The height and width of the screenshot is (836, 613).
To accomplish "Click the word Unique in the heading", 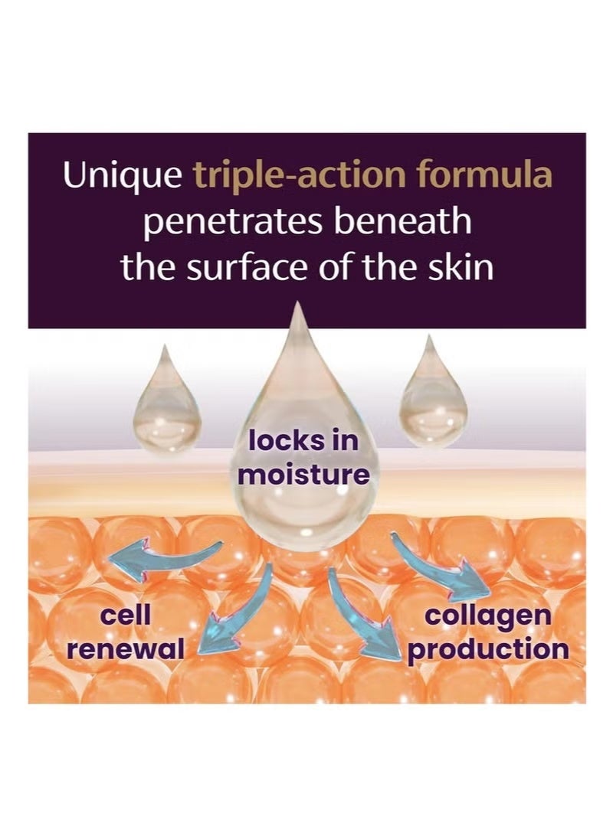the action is click(122, 176).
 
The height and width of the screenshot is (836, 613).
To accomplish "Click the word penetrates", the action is click(233, 222).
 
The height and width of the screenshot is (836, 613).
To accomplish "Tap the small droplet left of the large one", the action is click(166, 400).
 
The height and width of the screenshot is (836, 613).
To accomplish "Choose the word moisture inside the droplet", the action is click(303, 473).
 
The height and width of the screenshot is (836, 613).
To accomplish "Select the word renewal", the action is click(125, 648).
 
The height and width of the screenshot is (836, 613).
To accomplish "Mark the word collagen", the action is click(487, 616).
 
